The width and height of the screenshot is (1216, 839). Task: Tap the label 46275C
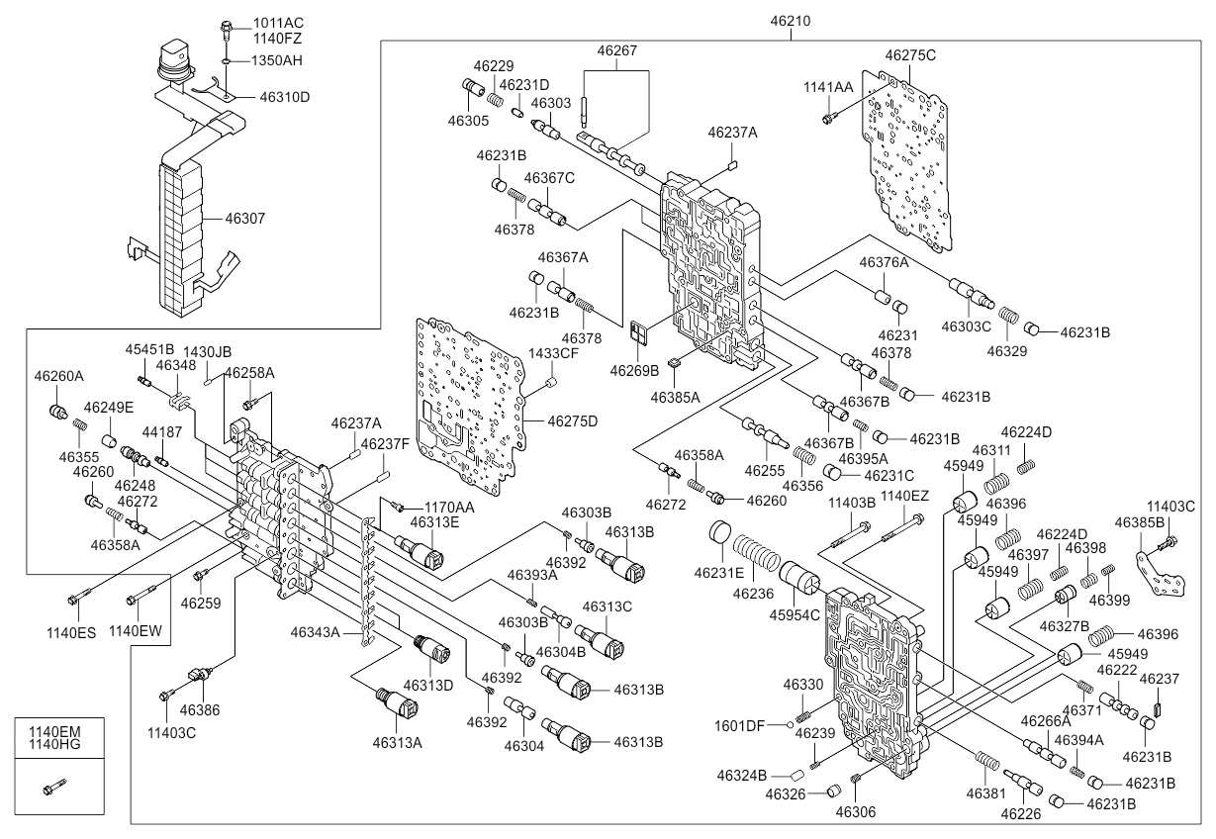pyautogui.click(x=910, y=55)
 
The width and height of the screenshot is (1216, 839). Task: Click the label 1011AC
pyautogui.click(x=278, y=23)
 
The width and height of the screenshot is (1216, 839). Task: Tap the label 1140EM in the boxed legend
pyautogui.click(x=55, y=732)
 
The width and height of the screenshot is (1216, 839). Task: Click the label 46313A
pyautogui.click(x=397, y=742)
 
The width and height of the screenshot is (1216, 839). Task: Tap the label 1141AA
pyautogui.click(x=827, y=88)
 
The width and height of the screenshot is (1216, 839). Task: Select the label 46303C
pyautogui.click(x=965, y=326)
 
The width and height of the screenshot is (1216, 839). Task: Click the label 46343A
pyautogui.click(x=315, y=631)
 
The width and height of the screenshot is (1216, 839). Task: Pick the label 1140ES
pyautogui.click(x=74, y=631)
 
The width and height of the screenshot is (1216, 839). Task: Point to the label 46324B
pyautogui.click(x=743, y=774)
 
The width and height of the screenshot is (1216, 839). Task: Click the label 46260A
pyautogui.click(x=59, y=376)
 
